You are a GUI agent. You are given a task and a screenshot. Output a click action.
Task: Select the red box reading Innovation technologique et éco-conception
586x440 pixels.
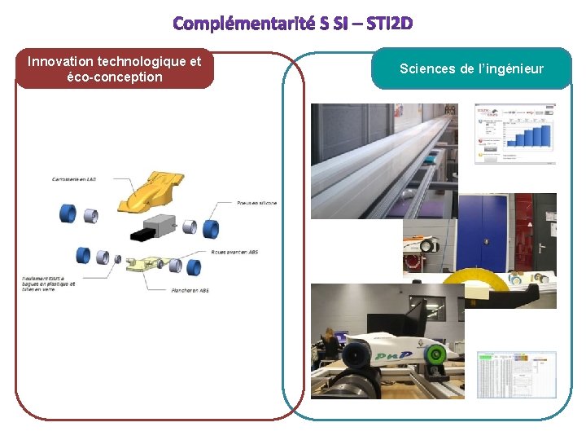(114, 69)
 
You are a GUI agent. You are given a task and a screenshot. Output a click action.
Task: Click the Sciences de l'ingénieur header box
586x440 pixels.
(471, 69)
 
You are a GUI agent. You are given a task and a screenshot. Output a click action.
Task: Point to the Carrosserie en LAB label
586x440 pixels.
(74, 179)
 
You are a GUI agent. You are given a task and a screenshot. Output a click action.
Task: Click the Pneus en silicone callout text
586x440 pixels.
(256, 203)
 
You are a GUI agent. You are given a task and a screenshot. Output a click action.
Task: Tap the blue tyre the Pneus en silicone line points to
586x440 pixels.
(211, 229)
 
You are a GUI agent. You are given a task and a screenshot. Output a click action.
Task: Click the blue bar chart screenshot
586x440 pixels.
(515, 134)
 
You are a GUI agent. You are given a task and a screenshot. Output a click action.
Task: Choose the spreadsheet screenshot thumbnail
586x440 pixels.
(516, 374)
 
